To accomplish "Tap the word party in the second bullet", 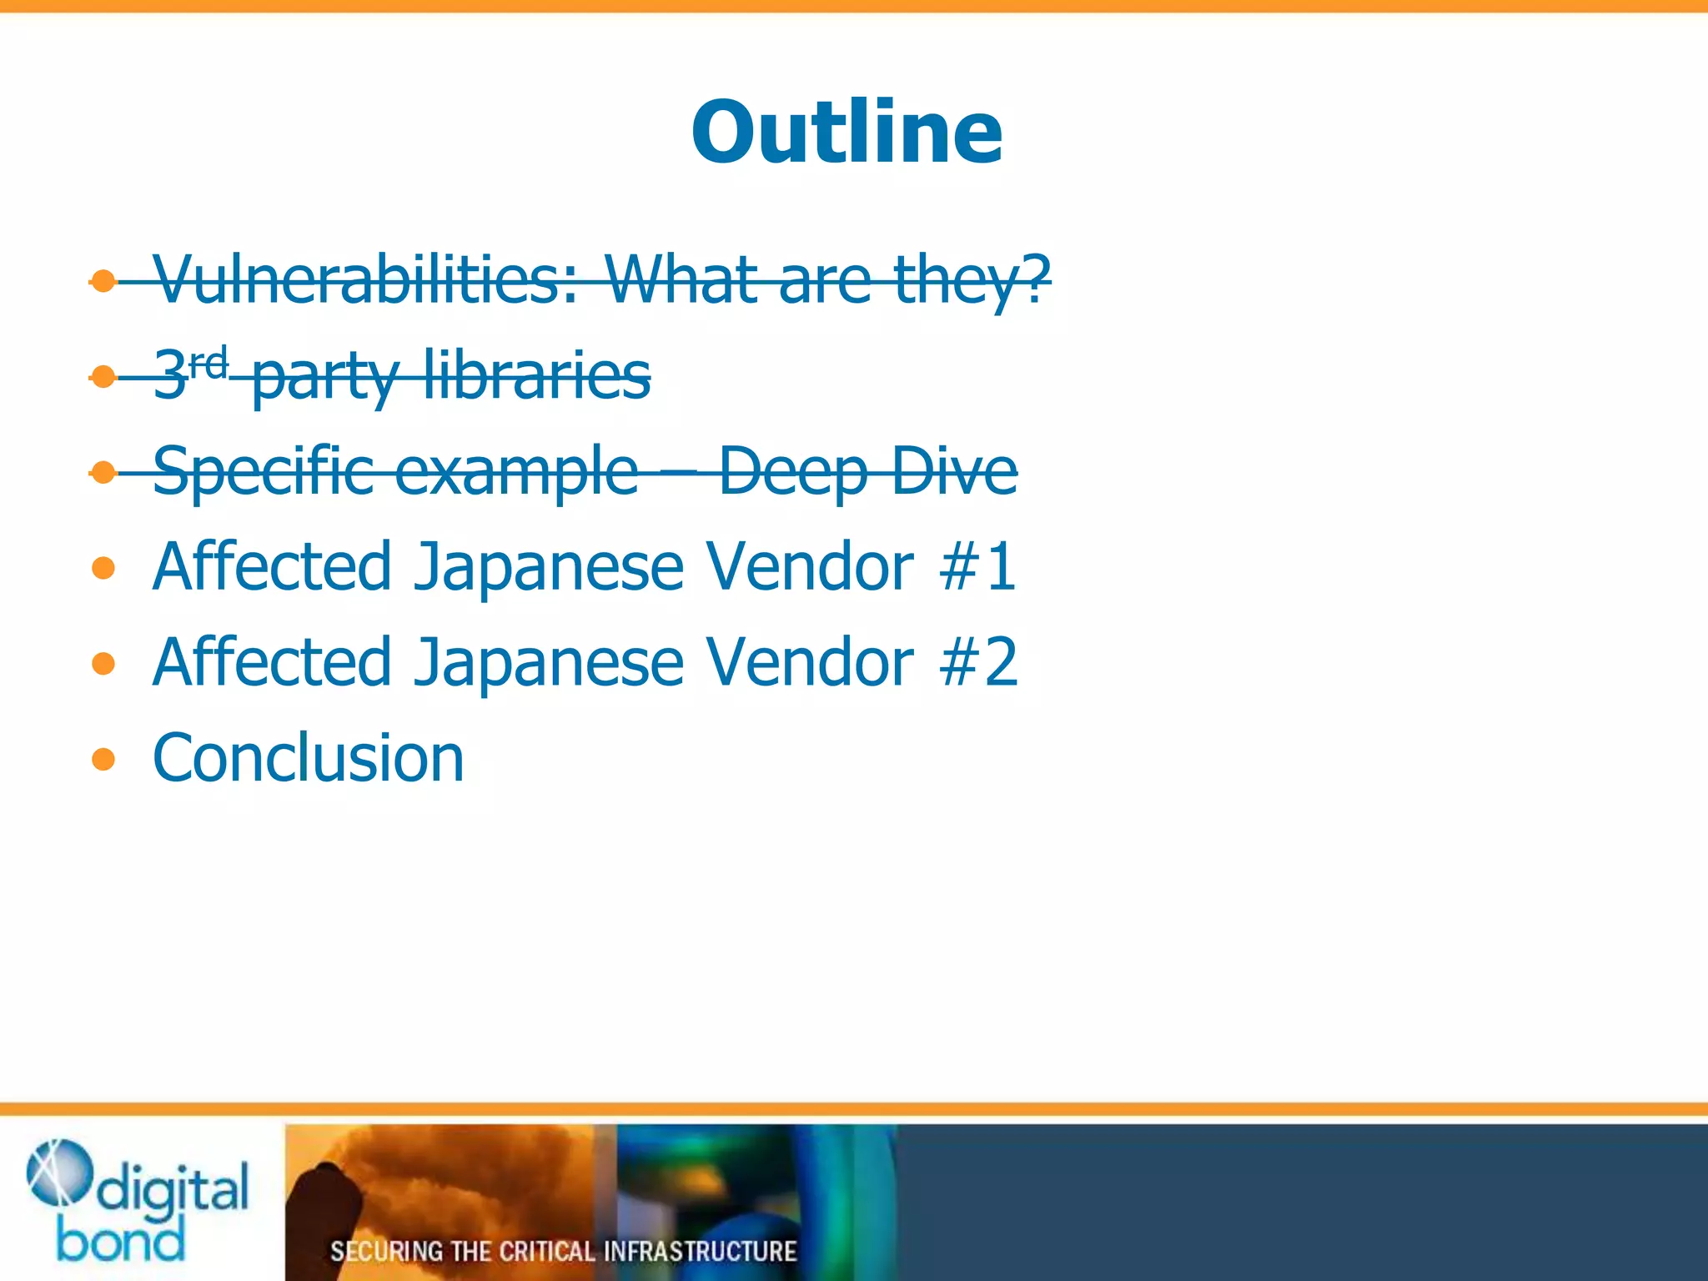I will pyautogui.click(x=325, y=377).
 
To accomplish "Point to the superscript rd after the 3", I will pyautogui.click(x=208, y=363).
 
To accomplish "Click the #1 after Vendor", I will pyautogui.click(x=977, y=567).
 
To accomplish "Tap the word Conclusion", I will pyautogui.click(x=308, y=758).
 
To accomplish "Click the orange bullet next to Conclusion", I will pyautogui.click(x=103, y=759).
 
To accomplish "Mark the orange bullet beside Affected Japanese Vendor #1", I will pyautogui.click(x=103, y=569).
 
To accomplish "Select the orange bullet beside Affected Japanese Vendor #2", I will pyautogui.click(x=103, y=664).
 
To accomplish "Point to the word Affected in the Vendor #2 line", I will pyautogui.click(x=272, y=662).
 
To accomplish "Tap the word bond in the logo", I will pyautogui.click(x=121, y=1241).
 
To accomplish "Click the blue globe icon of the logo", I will pyautogui.click(x=58, y=1172).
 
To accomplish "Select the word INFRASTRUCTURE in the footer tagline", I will pyautogui.click(x=700, y=1251).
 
